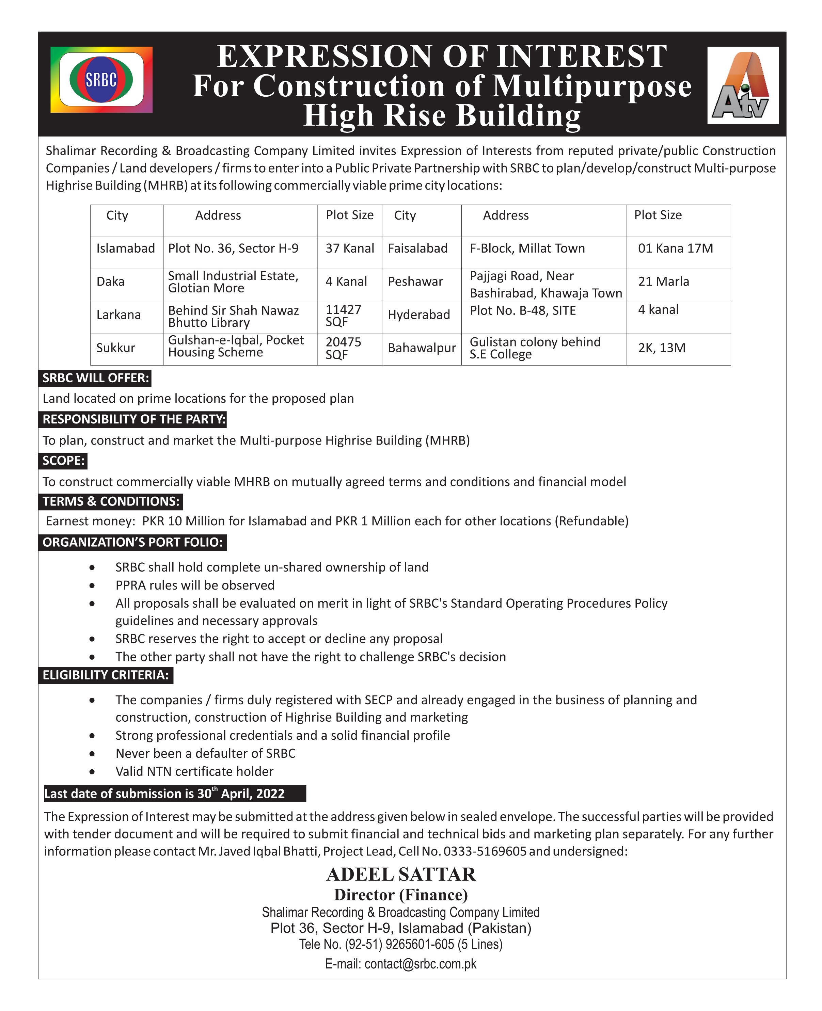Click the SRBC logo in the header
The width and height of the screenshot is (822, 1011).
[101, 80]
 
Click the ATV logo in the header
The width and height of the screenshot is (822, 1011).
[742, 86]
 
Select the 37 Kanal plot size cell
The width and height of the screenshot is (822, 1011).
[349, 248]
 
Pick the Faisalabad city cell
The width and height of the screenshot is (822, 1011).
[417, 248]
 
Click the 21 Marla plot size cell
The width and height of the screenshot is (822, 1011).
[663, 282]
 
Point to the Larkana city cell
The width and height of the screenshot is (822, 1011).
[118, 315]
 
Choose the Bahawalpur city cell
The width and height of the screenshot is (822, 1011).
[422, 348]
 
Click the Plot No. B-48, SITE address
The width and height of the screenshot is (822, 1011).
[523, 310]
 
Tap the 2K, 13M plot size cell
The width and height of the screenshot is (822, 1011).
[662, 348]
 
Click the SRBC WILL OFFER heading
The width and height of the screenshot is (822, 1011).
[96, 378]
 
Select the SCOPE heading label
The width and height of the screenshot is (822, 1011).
[63, 461]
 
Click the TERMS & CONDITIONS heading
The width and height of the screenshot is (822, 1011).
[111, 501]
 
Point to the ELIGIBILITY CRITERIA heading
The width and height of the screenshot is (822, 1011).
[106, 675]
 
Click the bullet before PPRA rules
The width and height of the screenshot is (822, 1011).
[92, 585]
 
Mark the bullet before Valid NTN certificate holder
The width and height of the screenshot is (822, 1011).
[92, 771]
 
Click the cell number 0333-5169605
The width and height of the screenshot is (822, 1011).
[485, 851]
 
